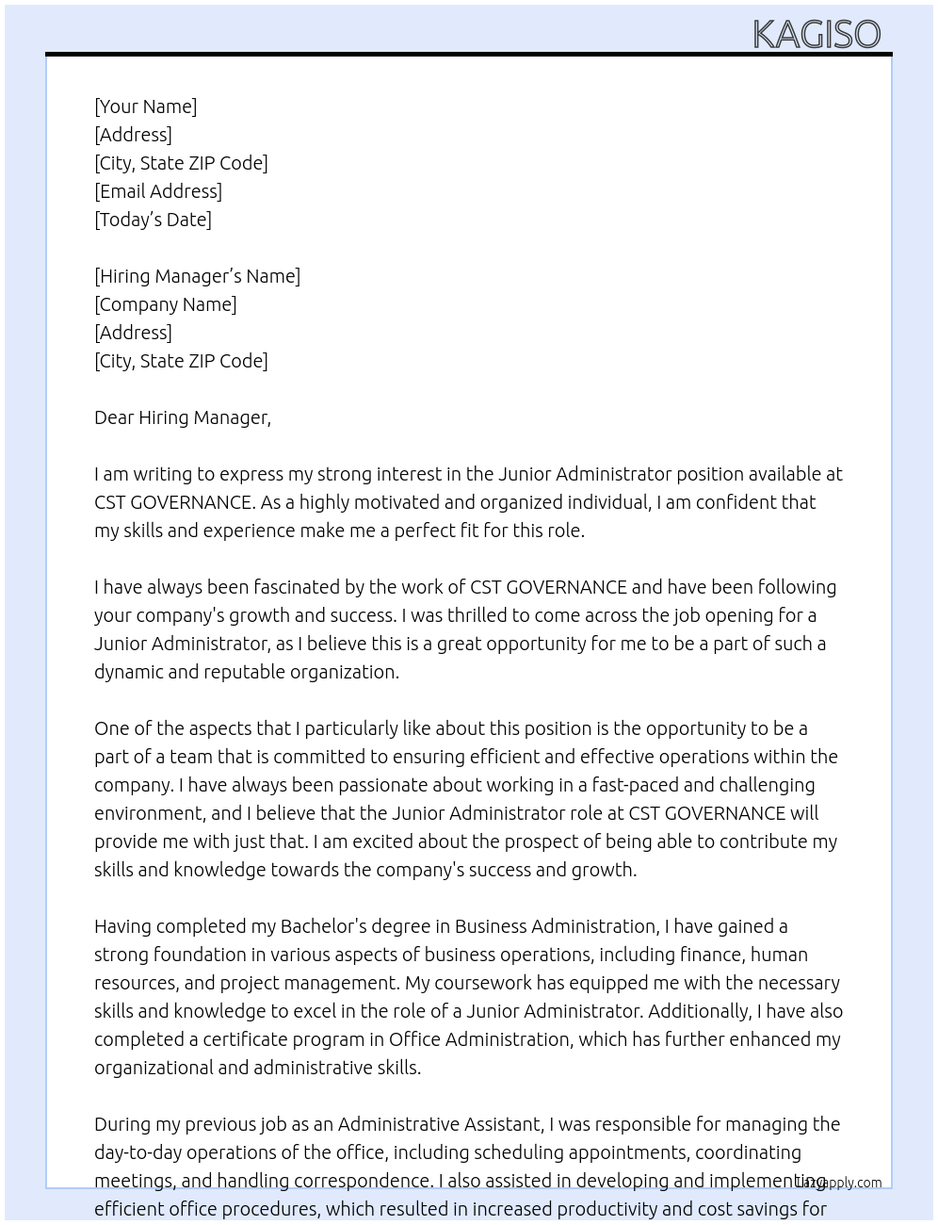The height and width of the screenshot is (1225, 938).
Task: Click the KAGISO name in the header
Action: [817, 34]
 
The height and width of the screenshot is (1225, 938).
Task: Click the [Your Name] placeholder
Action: [145, 106]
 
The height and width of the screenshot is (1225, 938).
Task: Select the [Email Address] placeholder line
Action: [158, 191]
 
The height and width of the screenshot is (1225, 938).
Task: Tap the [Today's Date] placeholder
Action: [153, 220]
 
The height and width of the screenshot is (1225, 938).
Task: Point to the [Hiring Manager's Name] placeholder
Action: [197, 276]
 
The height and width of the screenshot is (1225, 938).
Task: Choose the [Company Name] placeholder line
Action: [165, 304]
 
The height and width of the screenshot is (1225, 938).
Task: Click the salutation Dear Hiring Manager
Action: [182, 417]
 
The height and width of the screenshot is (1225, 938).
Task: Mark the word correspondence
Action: [363, 1181]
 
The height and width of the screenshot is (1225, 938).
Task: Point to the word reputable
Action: [244, 672]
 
